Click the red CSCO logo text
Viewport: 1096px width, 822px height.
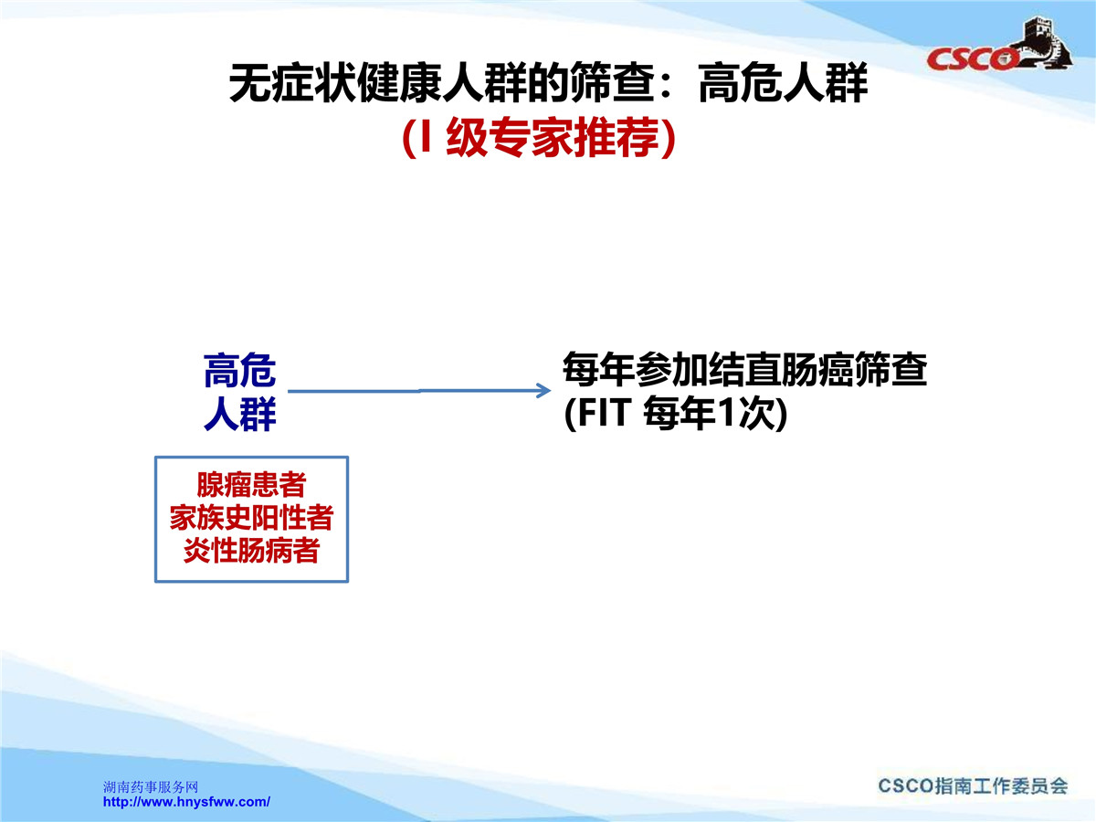tap(972, 59)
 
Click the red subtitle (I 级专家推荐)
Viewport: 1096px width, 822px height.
tap(539, 137)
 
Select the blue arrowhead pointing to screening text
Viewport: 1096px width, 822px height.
tap(543, 390)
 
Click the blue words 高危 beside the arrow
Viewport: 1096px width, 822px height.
tap(239, 370)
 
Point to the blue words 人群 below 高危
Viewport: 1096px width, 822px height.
tap(239, 414)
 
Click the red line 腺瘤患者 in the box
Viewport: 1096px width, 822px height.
tap(251, 485)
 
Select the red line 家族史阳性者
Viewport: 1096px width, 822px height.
tap(251, 518)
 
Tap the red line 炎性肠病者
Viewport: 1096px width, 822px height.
tap(251, 551)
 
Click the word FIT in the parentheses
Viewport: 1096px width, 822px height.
tap(603, 413)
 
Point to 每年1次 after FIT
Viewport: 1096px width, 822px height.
tap(709, 413)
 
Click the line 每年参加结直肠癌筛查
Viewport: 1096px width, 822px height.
tap(744, 370)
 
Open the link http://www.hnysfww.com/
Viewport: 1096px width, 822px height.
tap(186, 802)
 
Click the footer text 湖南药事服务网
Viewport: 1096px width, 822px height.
tap(151, 787)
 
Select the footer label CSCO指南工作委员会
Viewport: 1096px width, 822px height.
tap(973, 786)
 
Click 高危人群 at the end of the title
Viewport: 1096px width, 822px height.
tap(783, 83)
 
